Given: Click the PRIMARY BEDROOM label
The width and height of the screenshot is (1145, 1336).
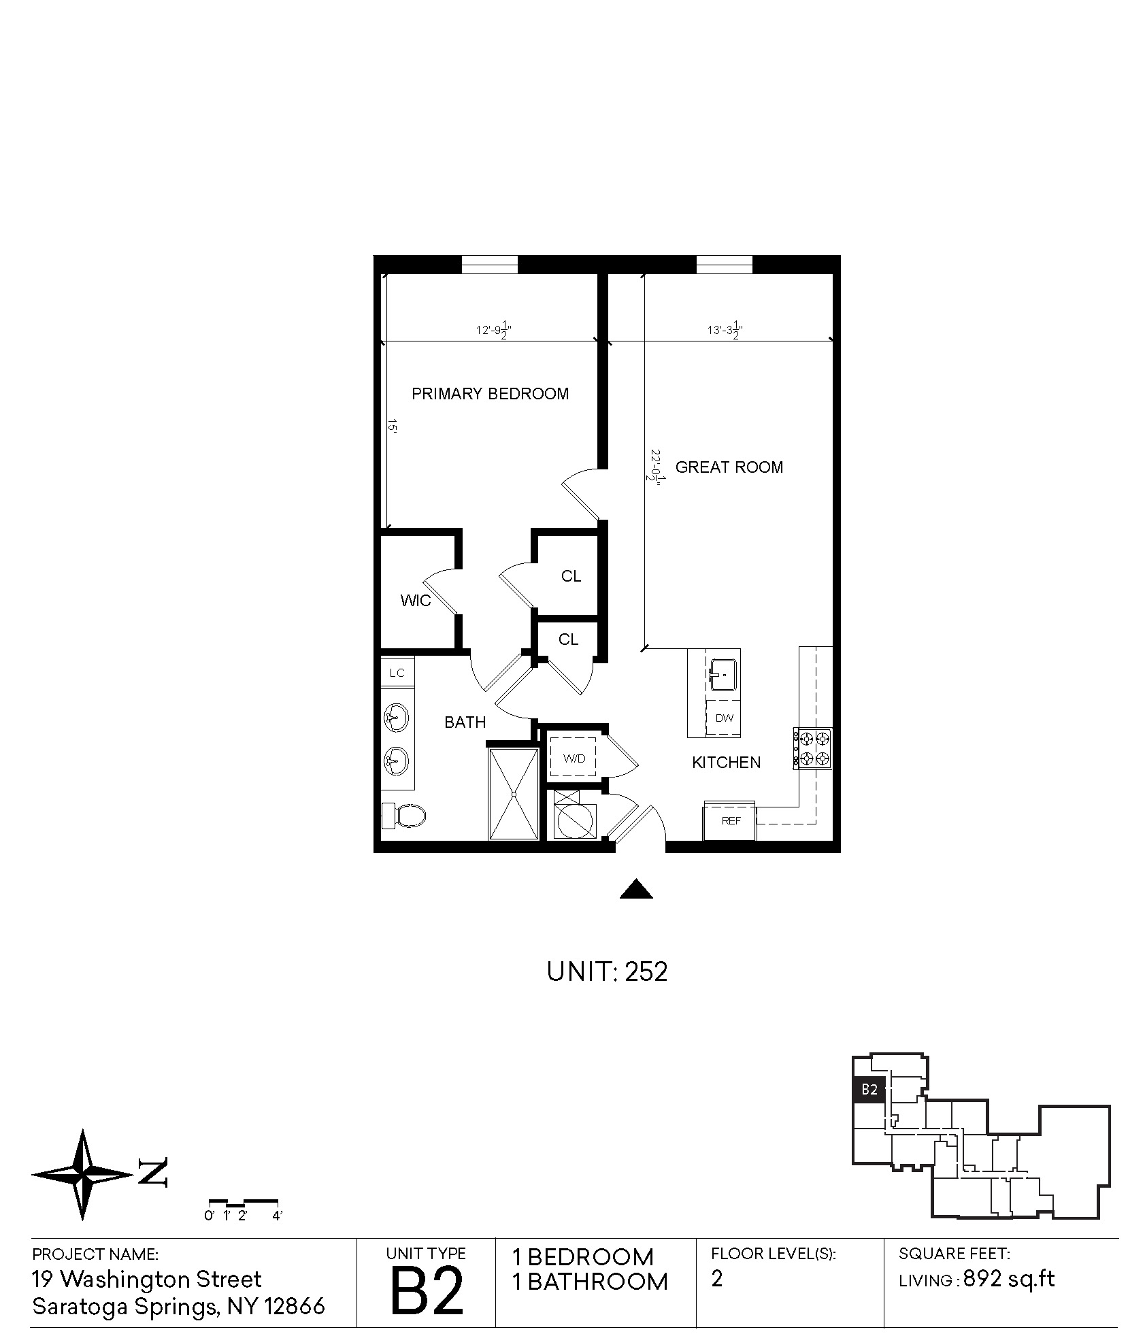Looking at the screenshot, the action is [490, 394].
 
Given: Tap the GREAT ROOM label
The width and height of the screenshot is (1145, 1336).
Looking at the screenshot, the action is [729, 467].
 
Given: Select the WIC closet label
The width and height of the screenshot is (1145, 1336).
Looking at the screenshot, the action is [415, 601].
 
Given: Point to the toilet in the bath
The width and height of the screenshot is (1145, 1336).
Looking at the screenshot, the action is [403, 815].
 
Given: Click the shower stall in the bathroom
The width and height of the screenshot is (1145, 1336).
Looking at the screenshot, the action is [514, 793].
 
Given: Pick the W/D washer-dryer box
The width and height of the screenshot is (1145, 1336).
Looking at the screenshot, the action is [572, 758].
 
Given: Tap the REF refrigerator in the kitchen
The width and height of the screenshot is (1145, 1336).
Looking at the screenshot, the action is [729, 820].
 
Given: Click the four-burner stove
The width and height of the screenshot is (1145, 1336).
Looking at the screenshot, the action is [813, 748].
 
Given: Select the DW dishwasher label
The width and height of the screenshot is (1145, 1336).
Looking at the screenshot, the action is [725, 718].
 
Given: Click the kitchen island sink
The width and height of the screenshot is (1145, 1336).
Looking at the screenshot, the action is [723, 675].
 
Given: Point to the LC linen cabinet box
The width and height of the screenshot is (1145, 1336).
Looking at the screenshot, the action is [397, 673].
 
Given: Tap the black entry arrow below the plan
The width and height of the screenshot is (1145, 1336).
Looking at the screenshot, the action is [636, 889].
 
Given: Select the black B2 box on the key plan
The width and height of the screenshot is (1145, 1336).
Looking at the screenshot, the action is [869, 1089].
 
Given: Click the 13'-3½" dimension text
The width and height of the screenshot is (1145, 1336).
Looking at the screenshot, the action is [724, 331].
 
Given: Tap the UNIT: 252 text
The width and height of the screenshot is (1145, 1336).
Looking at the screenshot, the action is [607, 972].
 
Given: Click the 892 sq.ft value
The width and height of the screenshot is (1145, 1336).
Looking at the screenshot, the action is [1009, 1279].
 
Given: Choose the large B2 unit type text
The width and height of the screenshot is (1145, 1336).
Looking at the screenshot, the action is [427, 1290].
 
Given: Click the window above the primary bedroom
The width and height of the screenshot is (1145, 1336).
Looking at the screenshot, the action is [490, 264].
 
